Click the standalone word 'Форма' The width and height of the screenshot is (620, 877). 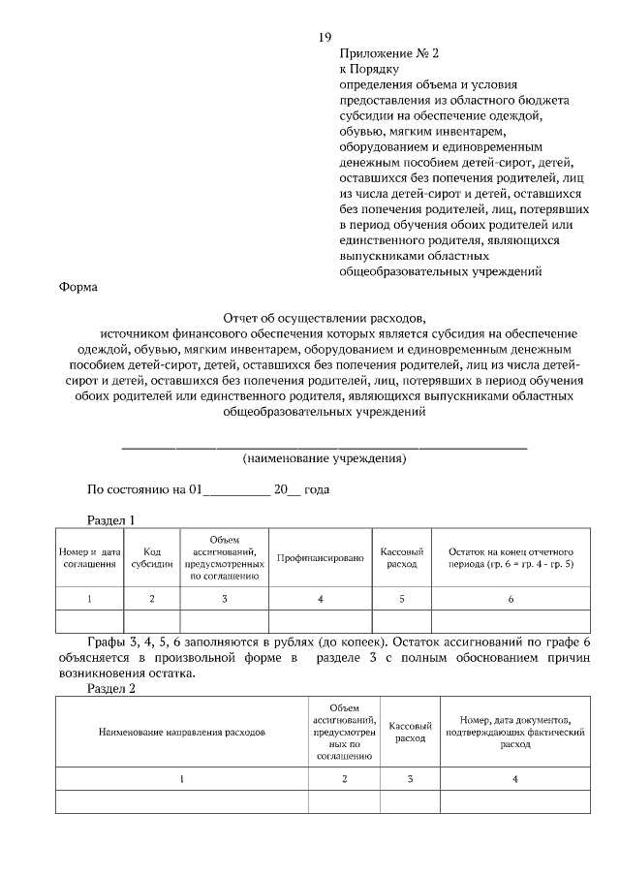click(78, 288)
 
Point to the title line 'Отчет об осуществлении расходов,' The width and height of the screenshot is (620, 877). click(324, 318)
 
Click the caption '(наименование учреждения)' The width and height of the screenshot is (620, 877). click(324, 457)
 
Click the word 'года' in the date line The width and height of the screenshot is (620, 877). click(317, 489)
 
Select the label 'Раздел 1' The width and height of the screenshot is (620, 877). click(111, 519)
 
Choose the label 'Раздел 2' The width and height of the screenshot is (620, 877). click(111, 689)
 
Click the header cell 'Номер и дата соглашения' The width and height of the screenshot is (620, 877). click(89, 557)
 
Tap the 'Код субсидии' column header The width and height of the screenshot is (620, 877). click(152, 557)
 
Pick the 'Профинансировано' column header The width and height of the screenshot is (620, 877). click(320, 558)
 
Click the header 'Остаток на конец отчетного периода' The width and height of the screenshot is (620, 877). click(510, 557)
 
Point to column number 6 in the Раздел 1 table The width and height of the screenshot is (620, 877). click(510, 599)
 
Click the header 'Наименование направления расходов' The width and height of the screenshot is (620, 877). click(182, 733)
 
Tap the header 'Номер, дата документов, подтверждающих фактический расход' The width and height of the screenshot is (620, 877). click(515, 733)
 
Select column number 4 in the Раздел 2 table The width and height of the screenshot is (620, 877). click(515, 778)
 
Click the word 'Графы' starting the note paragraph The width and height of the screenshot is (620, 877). click(106, 642)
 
